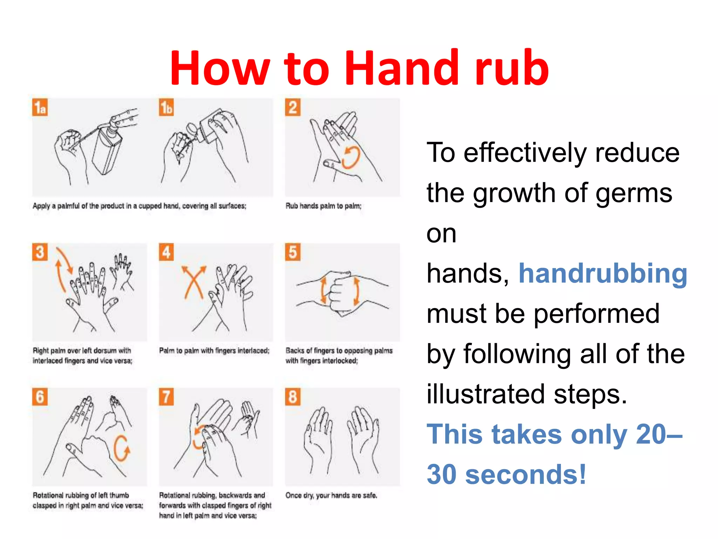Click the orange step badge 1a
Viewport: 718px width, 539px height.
(x=40, y=107)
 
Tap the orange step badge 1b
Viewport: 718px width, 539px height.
(x=166, y=107)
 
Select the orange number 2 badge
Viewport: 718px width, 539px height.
(x=293, y=107)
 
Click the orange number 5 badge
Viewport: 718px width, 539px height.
(x=293, y=252)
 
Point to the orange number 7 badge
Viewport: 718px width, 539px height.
(x=166, y=397)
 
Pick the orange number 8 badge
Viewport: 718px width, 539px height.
(x=293, y=397)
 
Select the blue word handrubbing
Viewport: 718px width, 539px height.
(x=603, y=273)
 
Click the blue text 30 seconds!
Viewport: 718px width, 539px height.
(x=506, y=474)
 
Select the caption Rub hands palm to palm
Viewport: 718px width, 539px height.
(x=323, y=206)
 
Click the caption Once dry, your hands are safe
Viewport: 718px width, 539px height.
(x=331, y=495)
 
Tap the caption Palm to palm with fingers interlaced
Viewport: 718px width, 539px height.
(x=214, y=351)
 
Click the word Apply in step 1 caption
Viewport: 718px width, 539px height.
(x=41, y=206)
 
